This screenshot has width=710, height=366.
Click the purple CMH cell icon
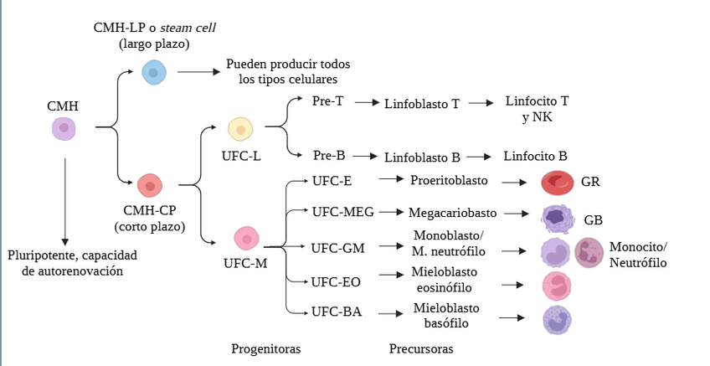(64, 128)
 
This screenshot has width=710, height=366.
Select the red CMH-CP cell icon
(150, 185)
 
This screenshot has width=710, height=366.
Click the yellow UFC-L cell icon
(240, 130)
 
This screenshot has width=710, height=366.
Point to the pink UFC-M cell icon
(246, 239)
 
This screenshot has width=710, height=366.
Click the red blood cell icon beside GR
(555, 182)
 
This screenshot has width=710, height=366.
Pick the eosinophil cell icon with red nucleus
(556, 286)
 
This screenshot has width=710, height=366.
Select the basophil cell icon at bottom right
(556, 320)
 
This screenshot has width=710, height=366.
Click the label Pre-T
(328, 101)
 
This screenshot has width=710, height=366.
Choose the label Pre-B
(329, 155)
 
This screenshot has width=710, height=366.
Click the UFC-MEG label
(342, 211)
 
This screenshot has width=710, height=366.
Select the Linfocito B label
(535, 156)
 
